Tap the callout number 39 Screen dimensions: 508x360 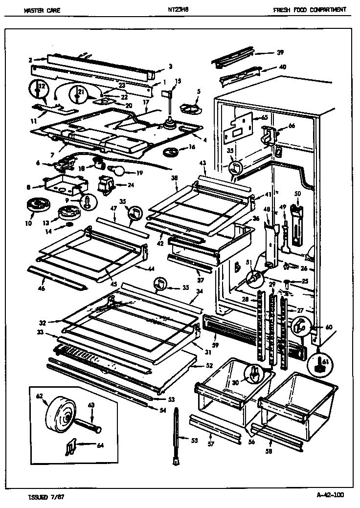click(x=280, y=52)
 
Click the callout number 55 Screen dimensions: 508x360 click(x=194, y=441)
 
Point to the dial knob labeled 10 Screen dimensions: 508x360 click(x=35, y=205)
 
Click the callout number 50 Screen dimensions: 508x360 click(x=297, y=194)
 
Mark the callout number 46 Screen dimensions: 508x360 click(x=42, y=289)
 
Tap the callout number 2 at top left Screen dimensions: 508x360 click(x=30, y=60)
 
